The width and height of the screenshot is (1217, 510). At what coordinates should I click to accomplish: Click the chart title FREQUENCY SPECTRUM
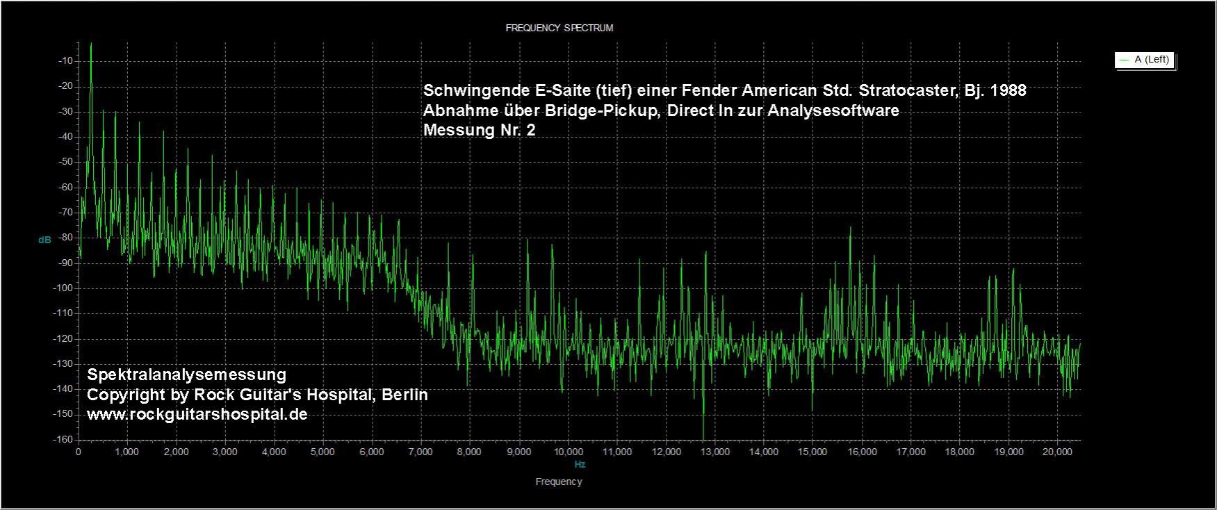pyautogui.click(x=559, y=28)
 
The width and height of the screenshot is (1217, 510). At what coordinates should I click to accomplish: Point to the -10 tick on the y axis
pyautogui.click(x=66, y=61)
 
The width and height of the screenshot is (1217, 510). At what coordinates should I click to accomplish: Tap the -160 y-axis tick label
pyautogui.click(x=64, y=439)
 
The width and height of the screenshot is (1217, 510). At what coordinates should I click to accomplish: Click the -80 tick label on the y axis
pyautogui.click(x=66, y=238)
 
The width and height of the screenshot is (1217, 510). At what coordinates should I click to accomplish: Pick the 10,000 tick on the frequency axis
pyautogui.click(x=568, y=452)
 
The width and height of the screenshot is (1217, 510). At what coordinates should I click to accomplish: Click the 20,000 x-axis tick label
pyautogui.click(x=1057, y=452)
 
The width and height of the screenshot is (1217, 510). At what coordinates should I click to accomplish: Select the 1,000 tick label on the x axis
pyautogui.click(x=126, y=452)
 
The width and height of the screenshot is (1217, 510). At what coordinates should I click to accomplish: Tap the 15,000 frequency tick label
pyautogui.click(x=812, y=452)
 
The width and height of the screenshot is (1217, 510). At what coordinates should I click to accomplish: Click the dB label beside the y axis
pyautogui.click(x=44, y=240)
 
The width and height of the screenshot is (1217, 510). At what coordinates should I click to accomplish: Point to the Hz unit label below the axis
pyautogui.click(x=580, y=464)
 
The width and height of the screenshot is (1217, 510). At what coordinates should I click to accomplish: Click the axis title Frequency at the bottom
pyautogui.click(x=559, y=482)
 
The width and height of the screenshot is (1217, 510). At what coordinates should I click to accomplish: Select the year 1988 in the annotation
pyautogui.click(x=1008, y=91)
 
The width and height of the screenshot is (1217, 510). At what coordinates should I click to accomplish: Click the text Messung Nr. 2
pyautogui.click(x=480, y=130)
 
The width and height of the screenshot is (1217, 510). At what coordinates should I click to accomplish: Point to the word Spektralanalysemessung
pyautogui.click(x=186, y=375)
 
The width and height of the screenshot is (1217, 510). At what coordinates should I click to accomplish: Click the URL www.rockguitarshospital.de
pyautogui.click(x=197, y=414)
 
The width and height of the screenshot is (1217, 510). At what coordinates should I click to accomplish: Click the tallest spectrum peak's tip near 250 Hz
pyautogui.click(x=91, y=44)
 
